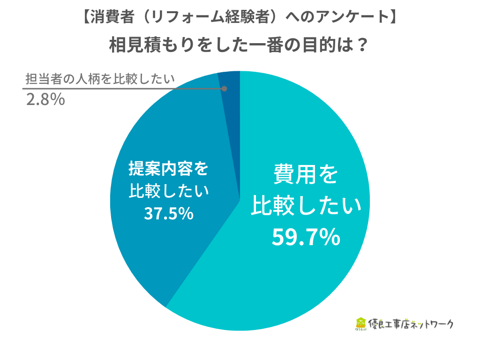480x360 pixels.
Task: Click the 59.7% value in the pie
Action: click(306, 238)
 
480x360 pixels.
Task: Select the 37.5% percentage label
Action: click(169, 214)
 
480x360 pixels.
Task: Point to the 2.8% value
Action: click(45, 100)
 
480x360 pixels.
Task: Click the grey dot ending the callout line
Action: click(224, 89)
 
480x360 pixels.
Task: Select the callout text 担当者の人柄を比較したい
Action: click(100, 78)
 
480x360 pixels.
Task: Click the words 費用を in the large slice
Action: click(306, 174)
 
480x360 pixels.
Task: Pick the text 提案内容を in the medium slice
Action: click(169, 169)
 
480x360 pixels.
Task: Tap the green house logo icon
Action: click(360, 324)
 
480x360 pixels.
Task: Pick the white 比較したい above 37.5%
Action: click(169, 191)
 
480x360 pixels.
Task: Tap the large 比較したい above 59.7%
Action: click(306, 206)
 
